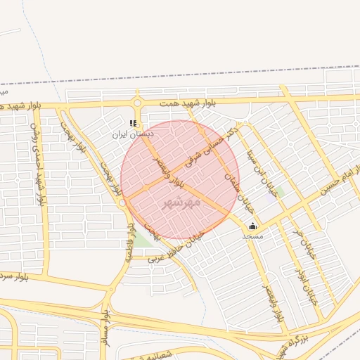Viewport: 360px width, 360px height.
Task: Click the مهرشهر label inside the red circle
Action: point(181,202)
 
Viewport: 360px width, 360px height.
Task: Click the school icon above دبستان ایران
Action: point(133,123)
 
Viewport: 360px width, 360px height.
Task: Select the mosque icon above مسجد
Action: point(252,226)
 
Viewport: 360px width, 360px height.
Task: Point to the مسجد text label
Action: point(252,236)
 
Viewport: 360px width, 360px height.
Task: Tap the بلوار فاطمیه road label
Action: point(130,243)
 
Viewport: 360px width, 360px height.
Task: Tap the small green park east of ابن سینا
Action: point(280,191)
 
